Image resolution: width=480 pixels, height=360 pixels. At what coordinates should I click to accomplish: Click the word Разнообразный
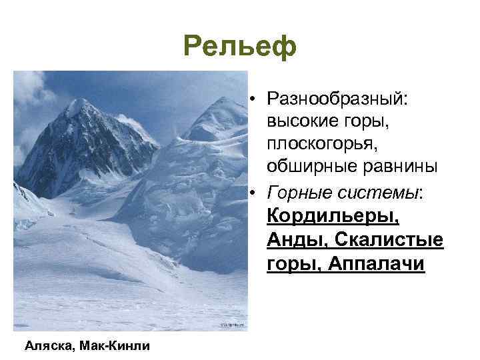[x=337, y=99]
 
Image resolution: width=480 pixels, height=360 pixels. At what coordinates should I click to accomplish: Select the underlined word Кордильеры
[x=333, y=217]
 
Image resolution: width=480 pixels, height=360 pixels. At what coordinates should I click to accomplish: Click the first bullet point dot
[x=255, y=99]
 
